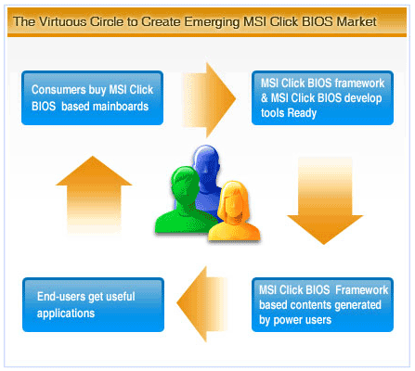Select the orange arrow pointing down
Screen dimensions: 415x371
click(x=325, y=201)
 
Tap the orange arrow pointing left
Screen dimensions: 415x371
click(x=202, y=304)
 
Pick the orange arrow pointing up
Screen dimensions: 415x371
click(x=94, y=195)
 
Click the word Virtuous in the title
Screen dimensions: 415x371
click(x=63, y=21)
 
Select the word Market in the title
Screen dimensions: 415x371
click(x=357, y=21)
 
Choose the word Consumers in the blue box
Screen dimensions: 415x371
click(x=58, y=90)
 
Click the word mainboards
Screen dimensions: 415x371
click(x=121, y=107)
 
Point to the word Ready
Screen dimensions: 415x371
click(x=302, y=113)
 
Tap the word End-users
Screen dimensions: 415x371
click(x=61, y=296)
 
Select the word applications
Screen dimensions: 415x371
click(x=66, y=313)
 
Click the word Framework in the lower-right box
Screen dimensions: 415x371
click(x=361, y=290)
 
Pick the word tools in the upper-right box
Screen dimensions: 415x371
click(x=272, y=113)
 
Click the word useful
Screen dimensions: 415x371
click(x=120, y=296)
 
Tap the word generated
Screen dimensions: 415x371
click(x=357, y=305)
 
